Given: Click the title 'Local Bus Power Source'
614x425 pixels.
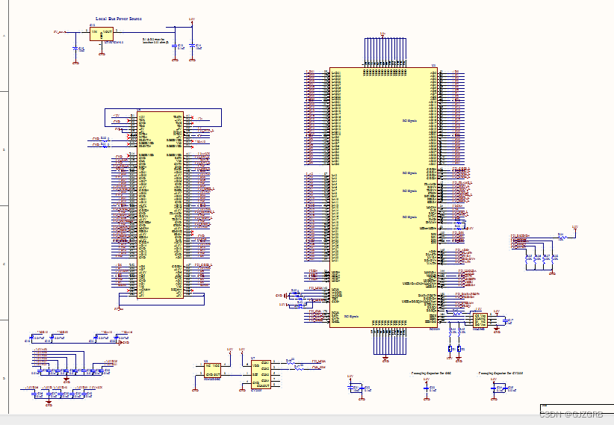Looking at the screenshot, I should click(119, 18).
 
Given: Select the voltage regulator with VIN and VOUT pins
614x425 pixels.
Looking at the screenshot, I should click(102, 34).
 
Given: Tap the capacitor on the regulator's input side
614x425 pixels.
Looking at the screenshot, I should click(75, 49).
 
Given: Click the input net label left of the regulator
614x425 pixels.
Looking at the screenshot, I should click(59, 32).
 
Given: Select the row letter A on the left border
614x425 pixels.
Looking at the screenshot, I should click(4, 35).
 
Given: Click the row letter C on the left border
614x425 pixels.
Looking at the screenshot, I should click(4, 264).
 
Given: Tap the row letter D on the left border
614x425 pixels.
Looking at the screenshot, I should click(4, 378).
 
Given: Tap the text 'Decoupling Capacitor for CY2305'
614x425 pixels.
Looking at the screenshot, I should click(500, 371).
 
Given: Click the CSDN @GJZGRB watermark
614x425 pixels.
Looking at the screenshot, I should click(571, 414).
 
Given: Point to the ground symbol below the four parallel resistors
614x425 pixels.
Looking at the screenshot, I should click(552, 274).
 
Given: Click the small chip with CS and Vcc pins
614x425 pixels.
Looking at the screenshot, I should click(480, 320).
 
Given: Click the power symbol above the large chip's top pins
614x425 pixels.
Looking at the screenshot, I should click(382, 33).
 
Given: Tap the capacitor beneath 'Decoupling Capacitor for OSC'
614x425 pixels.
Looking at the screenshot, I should click(427, 388).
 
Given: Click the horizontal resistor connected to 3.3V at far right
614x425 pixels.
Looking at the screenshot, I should click(562, 237).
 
